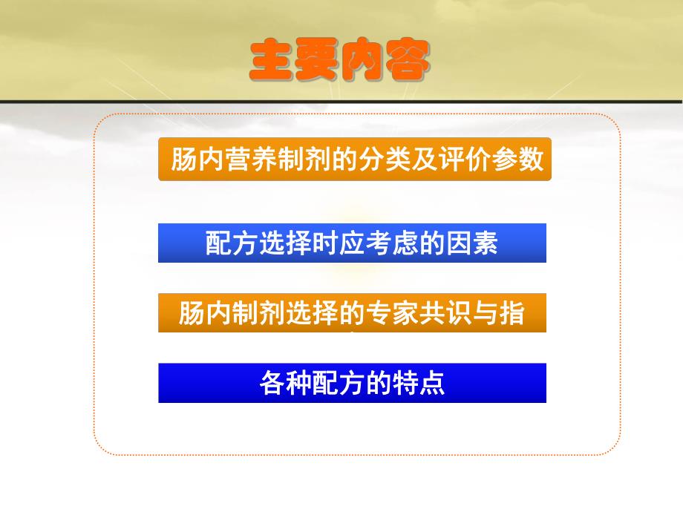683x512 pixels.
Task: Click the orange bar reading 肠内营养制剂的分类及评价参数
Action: pyautogui.click(x=355, y=159)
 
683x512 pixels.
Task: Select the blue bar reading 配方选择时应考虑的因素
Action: pyautogui.click(x=352, y=243)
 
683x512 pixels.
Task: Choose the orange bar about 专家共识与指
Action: pyautogui.click(x=352, y=312)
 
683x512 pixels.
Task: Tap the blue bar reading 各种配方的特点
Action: pyautogui.click(x=352, y=383)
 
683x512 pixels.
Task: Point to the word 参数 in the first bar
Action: pyautogui.click(x=520, y=160)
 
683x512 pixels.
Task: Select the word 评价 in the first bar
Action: pyautogui.click(x=465, y=160)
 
